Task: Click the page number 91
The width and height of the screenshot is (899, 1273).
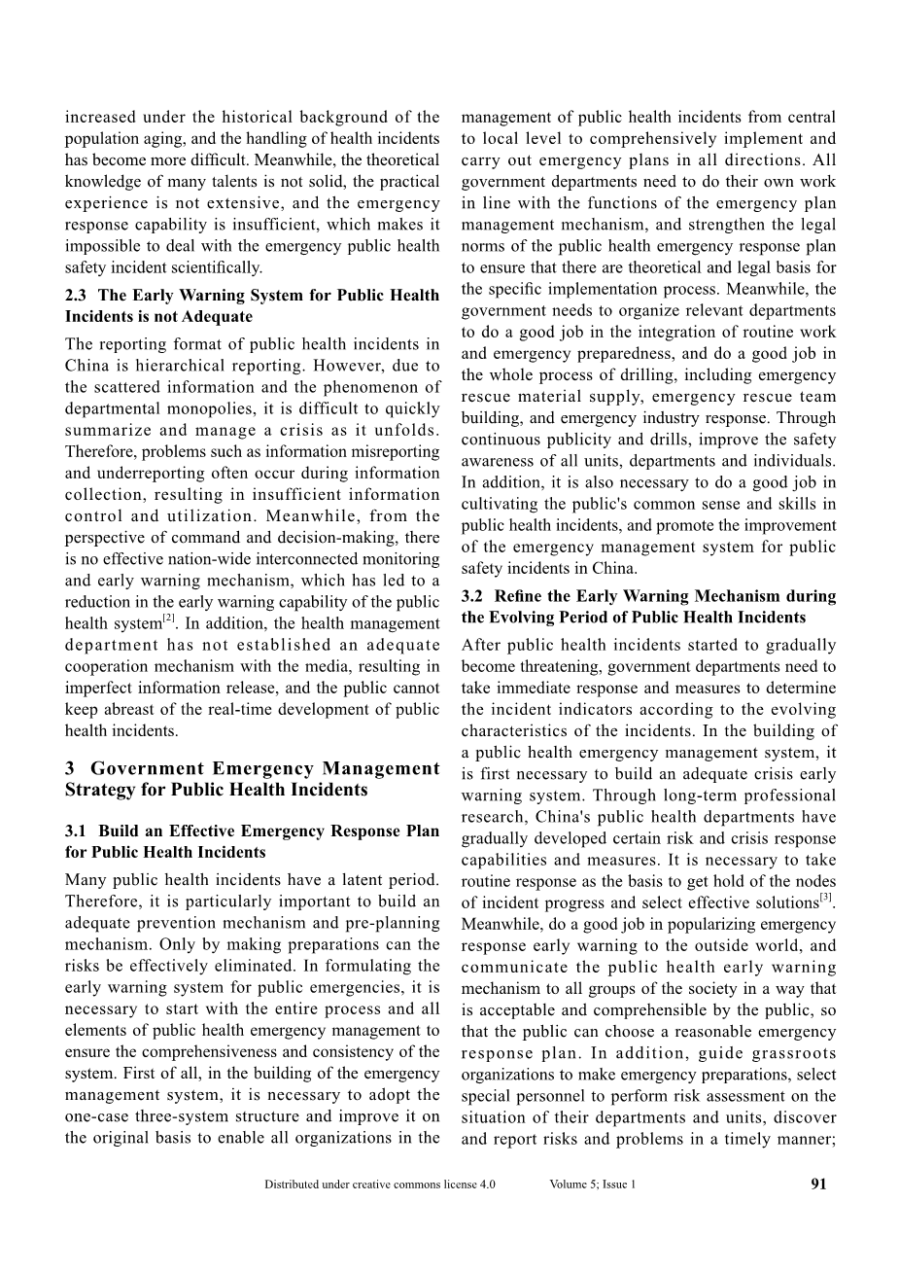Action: [x=818, y=1185]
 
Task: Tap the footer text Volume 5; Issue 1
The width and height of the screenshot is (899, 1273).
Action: [x=592, y=1185]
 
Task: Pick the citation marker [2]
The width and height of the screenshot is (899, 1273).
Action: [x=168, y=619]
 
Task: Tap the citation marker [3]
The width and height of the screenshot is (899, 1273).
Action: [x=825, y=897]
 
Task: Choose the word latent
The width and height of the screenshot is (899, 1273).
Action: [x=330, y=880]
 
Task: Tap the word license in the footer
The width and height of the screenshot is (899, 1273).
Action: [x=455, y=1185]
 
